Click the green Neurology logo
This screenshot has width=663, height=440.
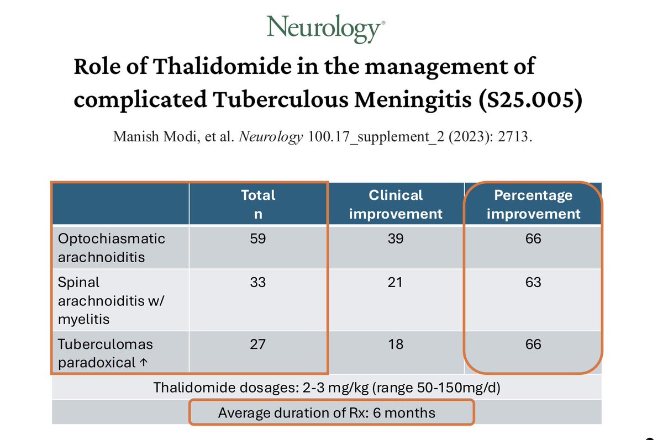(x=326, y=29)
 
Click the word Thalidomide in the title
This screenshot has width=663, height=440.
(x=222, y=66)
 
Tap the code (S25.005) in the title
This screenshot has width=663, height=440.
(x=530, y=99)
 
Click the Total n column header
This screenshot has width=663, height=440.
(x=258, y=204)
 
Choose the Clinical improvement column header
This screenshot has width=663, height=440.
(x=396, y=204)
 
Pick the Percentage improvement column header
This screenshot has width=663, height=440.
(x=533, y=204)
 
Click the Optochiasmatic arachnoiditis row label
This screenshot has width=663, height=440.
(x=111, y=248)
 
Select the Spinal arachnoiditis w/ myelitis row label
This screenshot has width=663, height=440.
(x=110, y=301)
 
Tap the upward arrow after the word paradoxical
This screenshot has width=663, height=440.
(x=144, y=362)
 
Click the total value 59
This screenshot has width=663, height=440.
(x=258, y=238)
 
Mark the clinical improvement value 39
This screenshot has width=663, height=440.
(x=396, y=238)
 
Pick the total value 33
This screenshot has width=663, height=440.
(x=258, y=283)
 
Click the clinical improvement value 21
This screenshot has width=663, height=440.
(x=395, y=283)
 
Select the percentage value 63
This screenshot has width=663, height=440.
(x=533, y=283)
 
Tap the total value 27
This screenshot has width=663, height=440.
(x=257, y=344)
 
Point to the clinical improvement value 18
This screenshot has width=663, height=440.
(x=396, y=344)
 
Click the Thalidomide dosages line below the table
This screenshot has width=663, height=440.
(x=327, y=388)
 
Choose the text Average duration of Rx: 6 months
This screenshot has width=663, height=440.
(x=327, y=413)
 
